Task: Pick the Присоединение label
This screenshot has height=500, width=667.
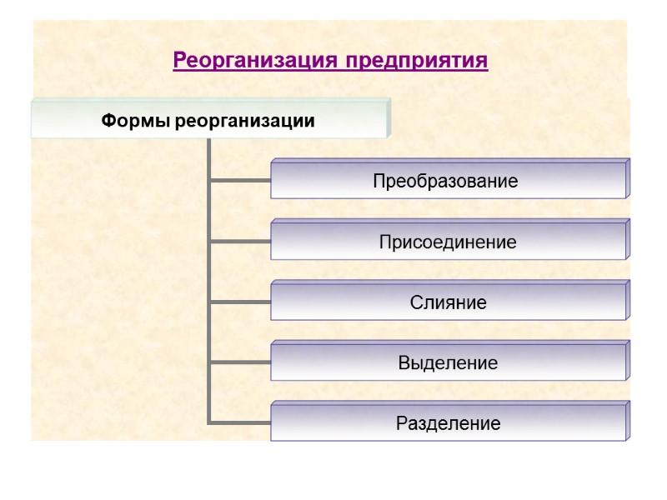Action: click(448, 242)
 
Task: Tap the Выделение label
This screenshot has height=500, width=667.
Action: click(448, 363)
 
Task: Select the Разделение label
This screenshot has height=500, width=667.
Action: click(448, 424)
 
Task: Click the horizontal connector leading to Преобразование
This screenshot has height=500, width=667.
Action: click(240, 179)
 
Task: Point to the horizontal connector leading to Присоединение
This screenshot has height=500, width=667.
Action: click(240, 241)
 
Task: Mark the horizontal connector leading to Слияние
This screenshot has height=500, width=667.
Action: click(240, 302)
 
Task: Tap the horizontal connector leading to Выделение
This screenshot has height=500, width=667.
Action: click(240, 362)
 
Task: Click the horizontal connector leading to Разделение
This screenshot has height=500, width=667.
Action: click(240, 422)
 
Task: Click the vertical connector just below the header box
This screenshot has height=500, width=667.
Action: click(208, 154)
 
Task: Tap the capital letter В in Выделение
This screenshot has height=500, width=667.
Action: click(404, 363)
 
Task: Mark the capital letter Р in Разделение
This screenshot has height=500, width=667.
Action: click(401, 424)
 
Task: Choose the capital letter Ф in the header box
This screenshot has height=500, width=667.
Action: click(108, 122)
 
